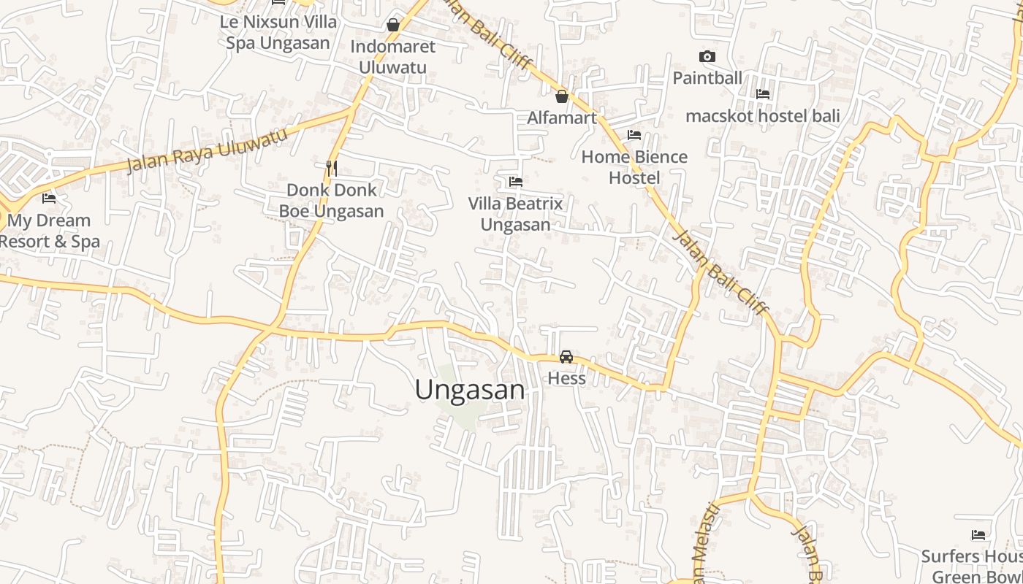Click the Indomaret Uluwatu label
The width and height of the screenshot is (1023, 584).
392,57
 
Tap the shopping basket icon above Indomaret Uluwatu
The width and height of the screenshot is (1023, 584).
393,26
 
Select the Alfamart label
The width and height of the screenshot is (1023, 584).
562,118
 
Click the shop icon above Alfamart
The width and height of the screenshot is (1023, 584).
562,96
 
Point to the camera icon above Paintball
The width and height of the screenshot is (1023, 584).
707,56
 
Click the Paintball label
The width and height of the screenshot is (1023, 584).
707,77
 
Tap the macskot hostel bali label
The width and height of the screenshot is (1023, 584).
762,115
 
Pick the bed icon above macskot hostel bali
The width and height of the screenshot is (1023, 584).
763,94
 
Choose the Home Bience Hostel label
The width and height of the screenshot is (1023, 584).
634,167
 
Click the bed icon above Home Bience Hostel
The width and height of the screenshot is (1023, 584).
634,135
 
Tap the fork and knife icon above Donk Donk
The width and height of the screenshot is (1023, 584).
332,169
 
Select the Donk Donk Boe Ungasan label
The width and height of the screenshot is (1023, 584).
332,201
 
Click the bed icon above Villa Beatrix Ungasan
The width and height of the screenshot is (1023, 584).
516,182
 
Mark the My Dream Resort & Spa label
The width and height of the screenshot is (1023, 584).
49,231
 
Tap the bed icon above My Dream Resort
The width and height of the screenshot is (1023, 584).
49,198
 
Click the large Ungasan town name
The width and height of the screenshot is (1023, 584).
470,390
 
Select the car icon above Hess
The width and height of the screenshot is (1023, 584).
566,357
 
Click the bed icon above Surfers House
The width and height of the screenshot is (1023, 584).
978,536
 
